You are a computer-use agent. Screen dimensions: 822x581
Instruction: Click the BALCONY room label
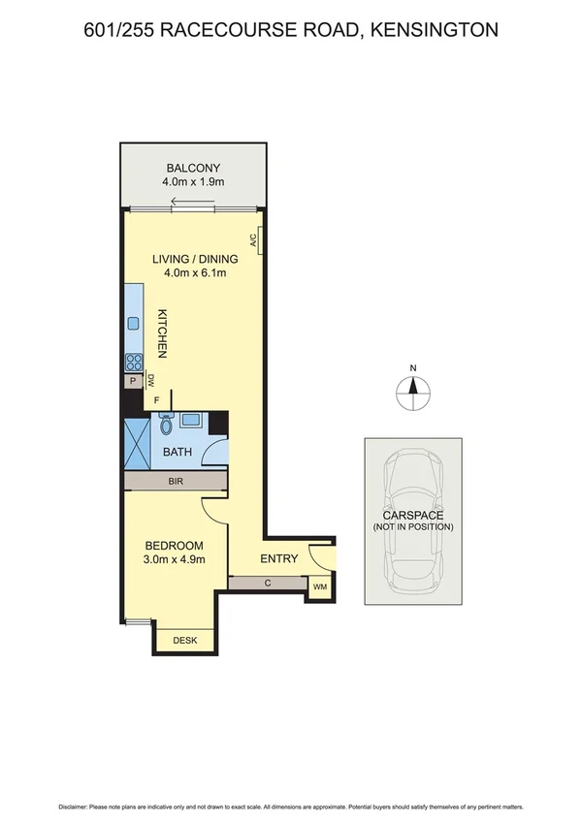coord(193,167)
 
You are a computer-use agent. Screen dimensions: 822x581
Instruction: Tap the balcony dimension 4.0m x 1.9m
coord(193,181)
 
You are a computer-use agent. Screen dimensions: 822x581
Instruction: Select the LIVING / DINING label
coord(193,259)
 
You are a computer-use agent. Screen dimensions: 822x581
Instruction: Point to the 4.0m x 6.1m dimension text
coord(193,273)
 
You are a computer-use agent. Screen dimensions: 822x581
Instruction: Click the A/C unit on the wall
coord(254,240)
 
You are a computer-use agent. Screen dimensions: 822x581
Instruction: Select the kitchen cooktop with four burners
coord(132,362)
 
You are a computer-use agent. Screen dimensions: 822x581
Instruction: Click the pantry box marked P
coord(132,382)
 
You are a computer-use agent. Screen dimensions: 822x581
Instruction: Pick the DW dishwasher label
coord(151,381)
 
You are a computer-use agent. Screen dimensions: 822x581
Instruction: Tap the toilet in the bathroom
coord(166,424)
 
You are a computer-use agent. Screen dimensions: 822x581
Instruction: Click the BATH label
coord(177,452)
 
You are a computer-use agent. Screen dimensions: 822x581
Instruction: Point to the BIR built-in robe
coord(176,481)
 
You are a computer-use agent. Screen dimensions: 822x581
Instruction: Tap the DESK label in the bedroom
coord(183,641)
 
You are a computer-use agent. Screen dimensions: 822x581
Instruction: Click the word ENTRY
coord(279,559)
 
